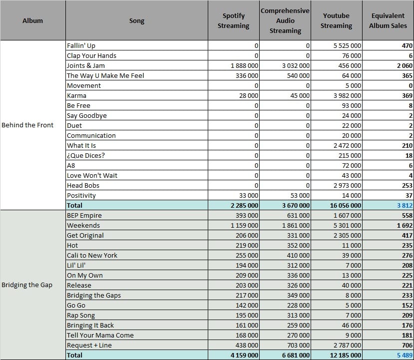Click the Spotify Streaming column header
[233, 20]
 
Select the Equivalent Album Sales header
[388, 20]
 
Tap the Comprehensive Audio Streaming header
[285, 20]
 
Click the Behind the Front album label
[27, 125]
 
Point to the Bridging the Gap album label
[27, 285]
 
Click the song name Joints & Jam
[86, 65]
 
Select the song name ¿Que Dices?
[86, 155]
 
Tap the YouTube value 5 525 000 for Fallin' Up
[347, 45]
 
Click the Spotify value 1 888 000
[244, 66]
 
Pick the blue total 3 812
[405, 205]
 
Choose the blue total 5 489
[405, 355]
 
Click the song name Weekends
[83, 225]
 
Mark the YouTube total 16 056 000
[346, 205]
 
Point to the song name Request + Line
[89, 345]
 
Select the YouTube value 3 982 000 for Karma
[347, 95]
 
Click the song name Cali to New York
[92, 255]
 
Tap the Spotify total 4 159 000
[244, 355]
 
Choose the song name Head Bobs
[83, 185]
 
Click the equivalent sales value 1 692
[405, 225]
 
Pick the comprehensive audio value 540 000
[298, 76]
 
